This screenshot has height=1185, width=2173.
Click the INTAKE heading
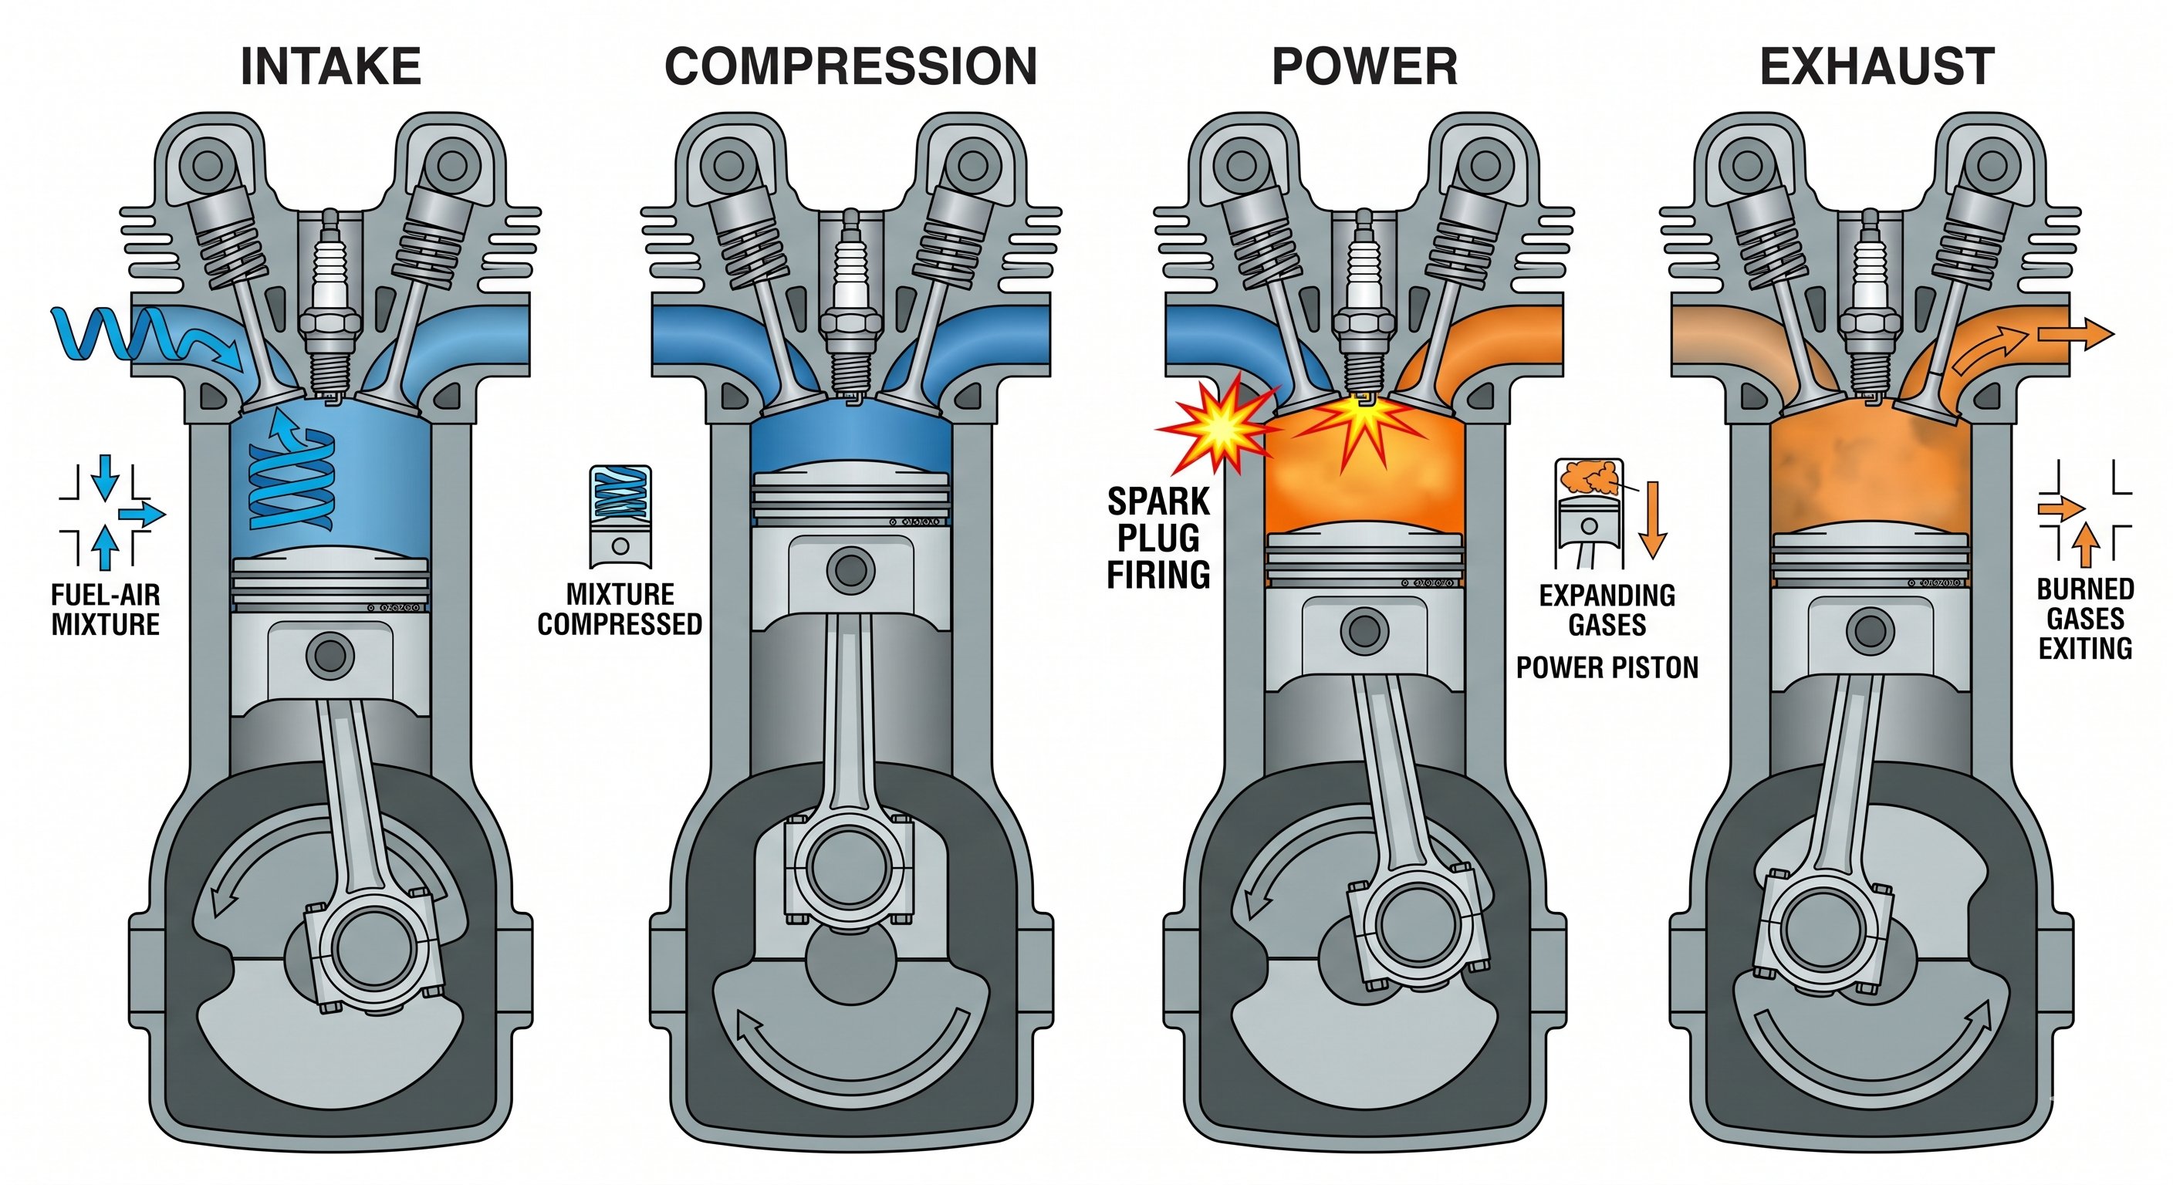(x=331, y=66)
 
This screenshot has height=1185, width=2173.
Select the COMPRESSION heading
(x=850, y=66)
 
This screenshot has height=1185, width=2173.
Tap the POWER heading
(x=1364, y=66)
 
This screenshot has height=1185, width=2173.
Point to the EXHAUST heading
(x=1877, y=66)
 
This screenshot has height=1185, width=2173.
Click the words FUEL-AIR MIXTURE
(x=106, y=609)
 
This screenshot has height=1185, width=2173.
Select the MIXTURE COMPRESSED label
(x=620, y=609)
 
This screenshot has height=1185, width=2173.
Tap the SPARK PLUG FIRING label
(x=1158, y=538)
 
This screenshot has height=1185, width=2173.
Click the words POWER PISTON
(x=1607, y=668)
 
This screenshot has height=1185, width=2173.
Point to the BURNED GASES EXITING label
(x=2085, y=618)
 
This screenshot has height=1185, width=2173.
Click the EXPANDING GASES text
(x=1607, y=609)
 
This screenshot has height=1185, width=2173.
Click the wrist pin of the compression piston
(x=850, y=570)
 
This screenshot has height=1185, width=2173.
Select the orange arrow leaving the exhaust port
(x=2075, y=334)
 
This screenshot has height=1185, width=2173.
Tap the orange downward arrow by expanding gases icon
(x=1653, y=518)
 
